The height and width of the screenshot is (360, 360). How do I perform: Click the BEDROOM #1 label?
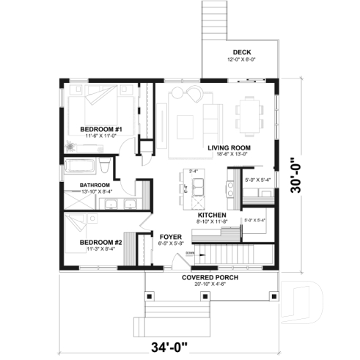coord(100,128)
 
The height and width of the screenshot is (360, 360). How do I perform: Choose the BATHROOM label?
coord(95,185)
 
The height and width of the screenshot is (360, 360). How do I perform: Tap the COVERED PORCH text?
coord(212,278)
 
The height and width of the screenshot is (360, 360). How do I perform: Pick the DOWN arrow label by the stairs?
coord(189,253)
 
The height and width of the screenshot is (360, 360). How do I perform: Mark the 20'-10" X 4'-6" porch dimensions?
coord(212,284)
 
